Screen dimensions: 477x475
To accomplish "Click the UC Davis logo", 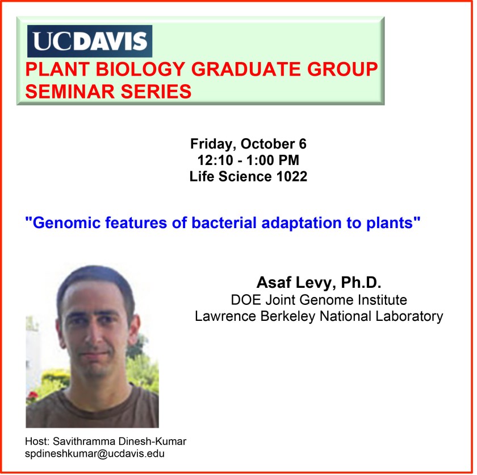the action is point(90,41).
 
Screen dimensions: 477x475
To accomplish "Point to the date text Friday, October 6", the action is point(248,144).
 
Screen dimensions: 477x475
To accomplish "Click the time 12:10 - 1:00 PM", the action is point(248,160).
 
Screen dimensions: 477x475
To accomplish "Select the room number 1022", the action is point(292,176).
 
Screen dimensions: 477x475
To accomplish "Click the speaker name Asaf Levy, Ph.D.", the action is point(319,283).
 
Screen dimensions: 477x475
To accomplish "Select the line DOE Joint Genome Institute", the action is point(319,300).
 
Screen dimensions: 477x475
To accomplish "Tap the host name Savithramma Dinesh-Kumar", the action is point(120,441).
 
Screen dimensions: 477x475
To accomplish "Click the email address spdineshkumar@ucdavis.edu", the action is point(95,454).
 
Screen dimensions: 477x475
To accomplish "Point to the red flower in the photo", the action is point(33,395).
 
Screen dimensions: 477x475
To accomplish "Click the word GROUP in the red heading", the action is point(342,69).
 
